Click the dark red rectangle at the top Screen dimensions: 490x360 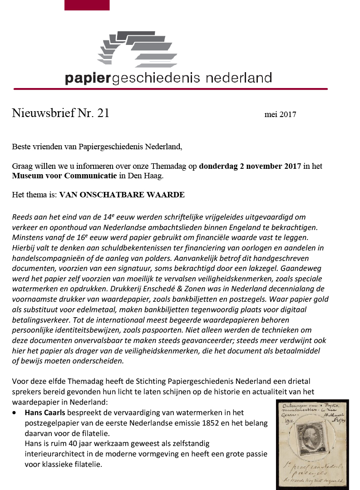point(87,5)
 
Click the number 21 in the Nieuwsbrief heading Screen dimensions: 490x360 point(103,113)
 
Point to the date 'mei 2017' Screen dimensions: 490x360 point(280,114)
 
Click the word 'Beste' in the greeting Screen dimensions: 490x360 point(21,147)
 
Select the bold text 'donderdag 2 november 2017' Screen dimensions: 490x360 point(250,166)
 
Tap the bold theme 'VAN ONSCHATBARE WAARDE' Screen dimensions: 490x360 point(122,195)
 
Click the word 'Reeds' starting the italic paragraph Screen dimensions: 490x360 point(22,216)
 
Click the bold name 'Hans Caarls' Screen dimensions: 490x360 point(44,412)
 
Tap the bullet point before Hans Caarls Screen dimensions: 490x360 point(16,413)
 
